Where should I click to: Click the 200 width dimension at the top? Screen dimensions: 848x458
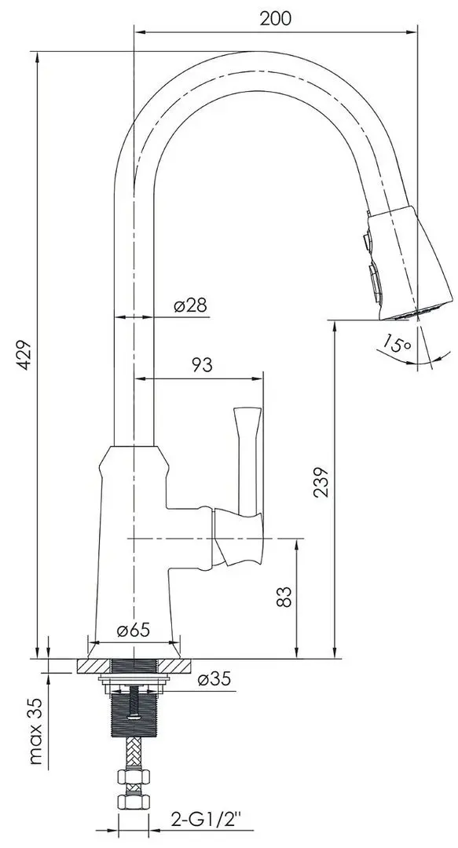(x=275, y=20)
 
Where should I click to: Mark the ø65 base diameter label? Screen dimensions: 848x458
(x=134, y=631)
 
